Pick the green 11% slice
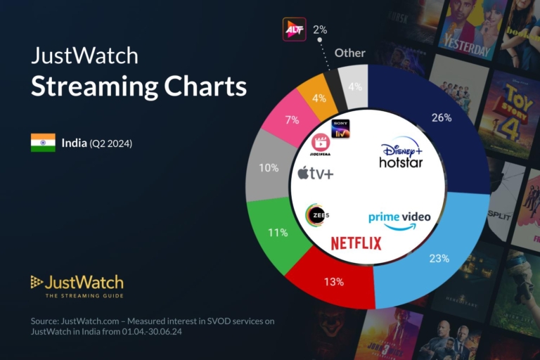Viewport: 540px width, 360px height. point(277,232)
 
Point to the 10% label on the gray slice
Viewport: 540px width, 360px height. point(269,169)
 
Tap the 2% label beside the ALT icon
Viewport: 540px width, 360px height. point(320,30)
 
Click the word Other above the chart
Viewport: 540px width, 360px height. point(349,53)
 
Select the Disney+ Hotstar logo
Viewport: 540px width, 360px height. point(401,153)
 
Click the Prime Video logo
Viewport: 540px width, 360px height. point(399,219)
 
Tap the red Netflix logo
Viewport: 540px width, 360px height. point(356,243)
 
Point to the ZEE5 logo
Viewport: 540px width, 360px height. point(317,215)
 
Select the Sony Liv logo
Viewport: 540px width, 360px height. point(340,129)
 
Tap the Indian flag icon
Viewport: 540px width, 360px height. point(43,143)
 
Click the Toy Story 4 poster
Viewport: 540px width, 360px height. point(510,112)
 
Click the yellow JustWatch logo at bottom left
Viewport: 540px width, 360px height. point(77,283)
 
